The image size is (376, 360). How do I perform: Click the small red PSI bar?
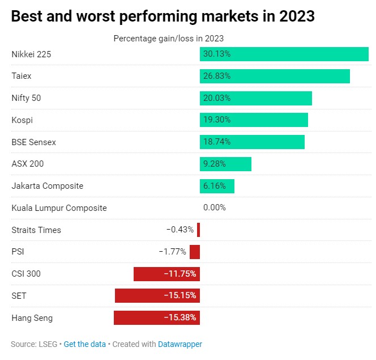195,252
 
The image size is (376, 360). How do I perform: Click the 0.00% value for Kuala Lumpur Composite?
215,207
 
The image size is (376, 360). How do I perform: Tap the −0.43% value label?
180,230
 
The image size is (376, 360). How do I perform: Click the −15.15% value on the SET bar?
180,296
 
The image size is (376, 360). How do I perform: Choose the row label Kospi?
22,120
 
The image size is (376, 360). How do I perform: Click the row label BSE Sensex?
34,142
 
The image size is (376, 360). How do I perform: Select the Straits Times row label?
36,230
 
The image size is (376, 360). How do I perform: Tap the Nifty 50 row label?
27,98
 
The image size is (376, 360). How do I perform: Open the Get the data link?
84,344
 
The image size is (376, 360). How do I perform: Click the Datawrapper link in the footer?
180,344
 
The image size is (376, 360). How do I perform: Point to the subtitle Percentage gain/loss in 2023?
169,39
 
